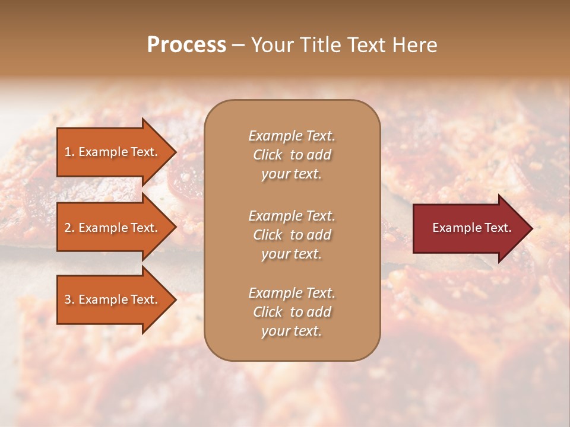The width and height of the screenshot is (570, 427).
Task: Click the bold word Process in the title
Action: tap(186, 45)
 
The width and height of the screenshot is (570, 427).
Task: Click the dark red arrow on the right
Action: tap(469, 228)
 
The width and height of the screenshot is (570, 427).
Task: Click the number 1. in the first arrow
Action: tap(69, 152)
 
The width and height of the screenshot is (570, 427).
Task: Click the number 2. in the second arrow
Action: tap(69, 228)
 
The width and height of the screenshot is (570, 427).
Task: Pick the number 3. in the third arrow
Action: tap(69, 299)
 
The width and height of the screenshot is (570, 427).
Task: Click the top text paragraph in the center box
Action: tap(292, 155)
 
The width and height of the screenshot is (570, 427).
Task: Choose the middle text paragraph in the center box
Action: tap(292, 235)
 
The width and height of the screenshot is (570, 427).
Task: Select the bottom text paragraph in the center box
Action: tap(292, 312)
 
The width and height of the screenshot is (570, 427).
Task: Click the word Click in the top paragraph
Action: tap(268, 155)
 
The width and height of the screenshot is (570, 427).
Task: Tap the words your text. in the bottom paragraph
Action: tap(292, 331)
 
